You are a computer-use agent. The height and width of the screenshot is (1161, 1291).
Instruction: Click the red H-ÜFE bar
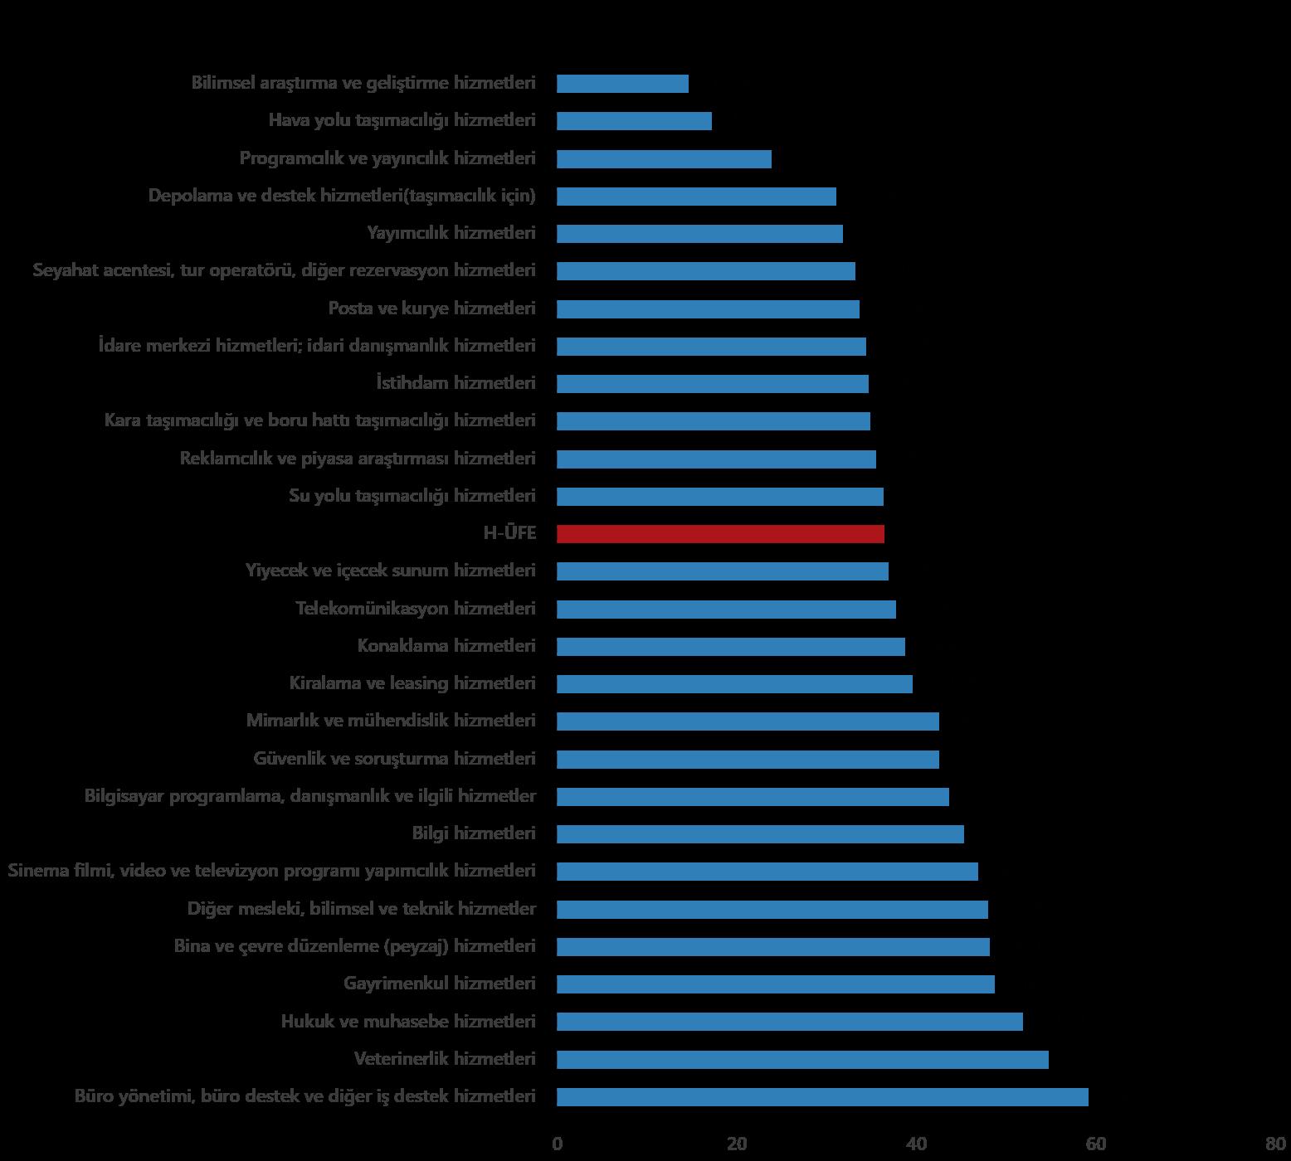click(x=720, y=534)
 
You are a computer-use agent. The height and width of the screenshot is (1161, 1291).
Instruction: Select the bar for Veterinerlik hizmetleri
click(x=802, y=1059)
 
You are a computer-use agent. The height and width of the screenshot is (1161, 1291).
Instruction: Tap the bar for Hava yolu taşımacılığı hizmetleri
click(x=634, y=121)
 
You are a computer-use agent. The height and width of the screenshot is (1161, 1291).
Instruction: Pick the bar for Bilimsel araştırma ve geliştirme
click(x=622, y=84)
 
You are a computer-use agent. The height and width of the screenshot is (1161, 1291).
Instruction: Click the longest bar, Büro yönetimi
click(x=822, y=1097)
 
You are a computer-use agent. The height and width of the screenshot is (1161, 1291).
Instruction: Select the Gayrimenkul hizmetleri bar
click(x=775, y=984)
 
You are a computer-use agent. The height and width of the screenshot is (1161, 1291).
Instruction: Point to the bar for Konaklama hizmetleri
click(x=730, y=647)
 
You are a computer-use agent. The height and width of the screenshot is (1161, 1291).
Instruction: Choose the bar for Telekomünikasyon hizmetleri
click(x=726, y=610)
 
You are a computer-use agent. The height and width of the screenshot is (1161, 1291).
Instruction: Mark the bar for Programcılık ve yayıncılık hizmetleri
click(x=664, y=159)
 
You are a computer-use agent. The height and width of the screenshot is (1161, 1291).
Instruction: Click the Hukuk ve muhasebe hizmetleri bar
click(x=789, y=1022)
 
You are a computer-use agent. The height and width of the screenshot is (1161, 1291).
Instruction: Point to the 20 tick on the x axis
click(x=736, y=1144)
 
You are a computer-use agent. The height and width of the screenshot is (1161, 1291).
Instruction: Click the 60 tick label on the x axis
click(x=1095, y=1144)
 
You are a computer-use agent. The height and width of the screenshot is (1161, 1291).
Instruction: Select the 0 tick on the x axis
click(x=558, y=1144)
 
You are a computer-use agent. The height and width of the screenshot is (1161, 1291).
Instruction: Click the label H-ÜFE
click(x=509, y=533)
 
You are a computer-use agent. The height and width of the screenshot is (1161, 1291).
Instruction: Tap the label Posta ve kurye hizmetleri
click(x=431, y=308)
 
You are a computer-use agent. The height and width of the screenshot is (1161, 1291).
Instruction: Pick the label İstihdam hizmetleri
click(x=456, y=383)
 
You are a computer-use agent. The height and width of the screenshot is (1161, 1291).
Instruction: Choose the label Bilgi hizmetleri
click(x=474, y=833)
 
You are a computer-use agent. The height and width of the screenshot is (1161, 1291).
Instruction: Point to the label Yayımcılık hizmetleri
click(x=451, y=233)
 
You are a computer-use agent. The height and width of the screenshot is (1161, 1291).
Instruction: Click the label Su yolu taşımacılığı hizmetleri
click(x=412, y=496)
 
